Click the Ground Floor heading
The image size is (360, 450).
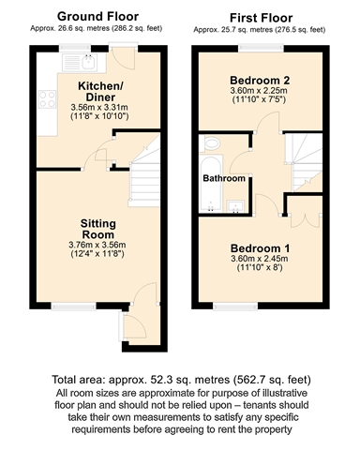point(97,17)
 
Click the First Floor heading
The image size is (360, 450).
point(261,18)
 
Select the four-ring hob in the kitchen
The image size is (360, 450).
point(47,99)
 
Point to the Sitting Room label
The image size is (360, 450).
point(98,229)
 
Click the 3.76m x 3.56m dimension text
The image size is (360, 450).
point(97,245)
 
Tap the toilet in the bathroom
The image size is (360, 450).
point(212,143)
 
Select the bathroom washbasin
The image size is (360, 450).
point(235,206)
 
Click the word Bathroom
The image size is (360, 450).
point(224,178)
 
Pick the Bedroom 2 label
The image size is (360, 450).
point(260,81)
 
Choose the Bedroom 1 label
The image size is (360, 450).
point(260,248)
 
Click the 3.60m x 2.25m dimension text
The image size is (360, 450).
point(259,91)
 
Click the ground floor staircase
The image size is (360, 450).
point(144,173)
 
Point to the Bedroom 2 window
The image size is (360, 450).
point(262,48)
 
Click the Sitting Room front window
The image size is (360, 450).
point(74,307)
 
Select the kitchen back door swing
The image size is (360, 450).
point(124,59)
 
